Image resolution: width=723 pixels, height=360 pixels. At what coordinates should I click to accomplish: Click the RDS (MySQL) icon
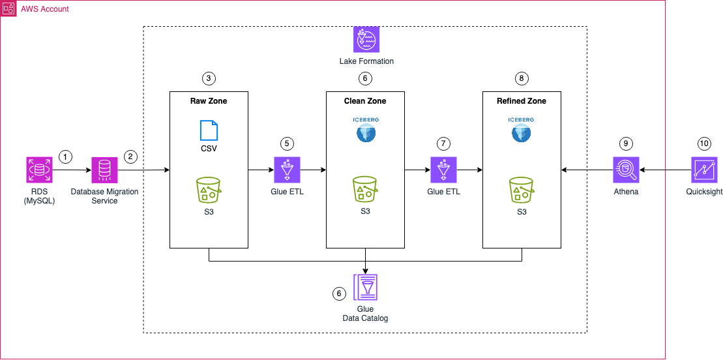39,170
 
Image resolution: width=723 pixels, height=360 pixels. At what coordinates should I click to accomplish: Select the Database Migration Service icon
104,170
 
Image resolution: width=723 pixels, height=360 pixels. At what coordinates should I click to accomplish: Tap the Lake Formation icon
366,40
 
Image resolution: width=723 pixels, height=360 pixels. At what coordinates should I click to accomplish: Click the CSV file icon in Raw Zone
209,130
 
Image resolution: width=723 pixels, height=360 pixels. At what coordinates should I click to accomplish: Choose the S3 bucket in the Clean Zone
365,189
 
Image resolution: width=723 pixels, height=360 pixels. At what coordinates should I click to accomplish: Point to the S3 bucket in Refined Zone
522,189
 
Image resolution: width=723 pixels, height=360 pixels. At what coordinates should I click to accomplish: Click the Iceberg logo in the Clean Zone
365,130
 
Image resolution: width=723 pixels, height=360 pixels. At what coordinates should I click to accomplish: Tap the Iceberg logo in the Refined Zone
522,130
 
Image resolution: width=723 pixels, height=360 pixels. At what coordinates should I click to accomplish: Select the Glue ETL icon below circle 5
287,170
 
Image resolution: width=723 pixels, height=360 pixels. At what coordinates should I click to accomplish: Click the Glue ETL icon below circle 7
443,170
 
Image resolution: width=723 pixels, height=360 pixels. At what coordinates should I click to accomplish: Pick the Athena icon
626,170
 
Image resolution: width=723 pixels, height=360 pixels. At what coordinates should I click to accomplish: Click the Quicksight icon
704,170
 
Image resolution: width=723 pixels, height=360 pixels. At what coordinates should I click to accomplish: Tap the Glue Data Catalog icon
365,287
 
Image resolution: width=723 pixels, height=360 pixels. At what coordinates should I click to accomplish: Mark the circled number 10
704,143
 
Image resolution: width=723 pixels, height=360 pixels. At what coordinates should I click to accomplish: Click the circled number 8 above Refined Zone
522,78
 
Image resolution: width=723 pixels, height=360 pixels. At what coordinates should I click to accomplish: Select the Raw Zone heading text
209,101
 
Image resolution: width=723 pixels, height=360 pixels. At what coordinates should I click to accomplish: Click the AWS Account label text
45,9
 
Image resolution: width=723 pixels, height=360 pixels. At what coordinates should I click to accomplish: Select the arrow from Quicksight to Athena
665,170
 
